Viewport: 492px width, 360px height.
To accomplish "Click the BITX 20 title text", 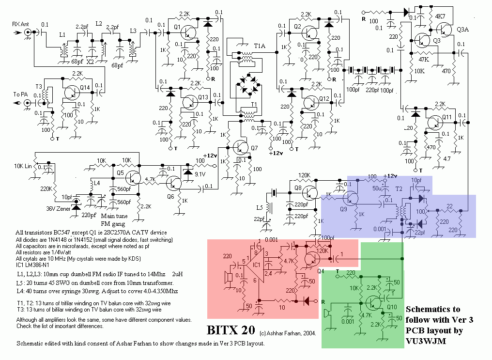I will (x=231, y=330).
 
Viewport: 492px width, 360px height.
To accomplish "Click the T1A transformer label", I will (x=260, y=46).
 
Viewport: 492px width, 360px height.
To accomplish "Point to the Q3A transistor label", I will (x=462, y=29).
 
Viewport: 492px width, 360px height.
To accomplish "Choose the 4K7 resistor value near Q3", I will (x=440, y=16).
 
